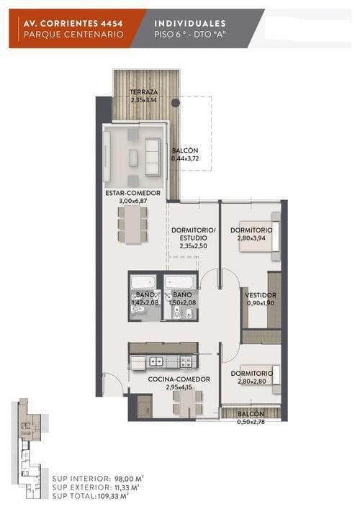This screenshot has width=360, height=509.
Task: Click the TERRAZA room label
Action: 143,92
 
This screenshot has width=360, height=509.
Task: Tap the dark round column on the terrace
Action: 175,103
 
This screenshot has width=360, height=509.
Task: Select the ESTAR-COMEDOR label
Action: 132,193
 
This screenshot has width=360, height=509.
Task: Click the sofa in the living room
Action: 153,157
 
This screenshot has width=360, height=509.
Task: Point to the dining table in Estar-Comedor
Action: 133,225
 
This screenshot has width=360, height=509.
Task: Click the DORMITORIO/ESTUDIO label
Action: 194,234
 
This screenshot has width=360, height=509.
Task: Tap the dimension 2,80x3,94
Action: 251,238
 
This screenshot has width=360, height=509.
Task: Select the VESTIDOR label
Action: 261,295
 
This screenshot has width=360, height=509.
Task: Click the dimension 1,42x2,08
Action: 145,302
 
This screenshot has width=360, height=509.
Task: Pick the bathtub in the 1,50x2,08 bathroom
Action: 180,281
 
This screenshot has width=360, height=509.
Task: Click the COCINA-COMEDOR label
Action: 179,379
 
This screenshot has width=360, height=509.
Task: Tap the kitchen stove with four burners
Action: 187,361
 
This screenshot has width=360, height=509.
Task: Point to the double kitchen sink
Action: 156,361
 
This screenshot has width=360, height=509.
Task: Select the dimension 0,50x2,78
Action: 251,422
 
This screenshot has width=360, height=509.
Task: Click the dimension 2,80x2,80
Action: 251,382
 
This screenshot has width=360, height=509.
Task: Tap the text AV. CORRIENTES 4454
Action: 73,24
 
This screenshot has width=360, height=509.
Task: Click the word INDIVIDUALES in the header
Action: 190,23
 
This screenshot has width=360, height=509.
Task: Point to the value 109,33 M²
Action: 113,496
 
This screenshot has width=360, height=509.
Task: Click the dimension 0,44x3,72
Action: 185,158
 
